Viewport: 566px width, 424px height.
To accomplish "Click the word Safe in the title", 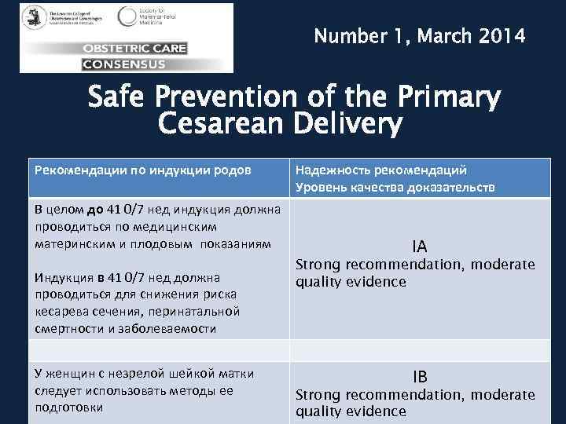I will pos(119,100).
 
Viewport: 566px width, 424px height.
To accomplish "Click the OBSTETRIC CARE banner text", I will pos(135,49).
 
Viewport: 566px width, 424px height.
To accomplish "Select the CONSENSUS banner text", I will pos(124,64).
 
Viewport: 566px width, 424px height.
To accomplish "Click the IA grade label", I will pos(420,246).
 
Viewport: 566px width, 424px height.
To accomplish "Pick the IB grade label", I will pos(420,377).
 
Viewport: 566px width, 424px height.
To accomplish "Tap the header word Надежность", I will pos(334,170).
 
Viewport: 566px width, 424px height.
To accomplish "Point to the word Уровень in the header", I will pos(322,187).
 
